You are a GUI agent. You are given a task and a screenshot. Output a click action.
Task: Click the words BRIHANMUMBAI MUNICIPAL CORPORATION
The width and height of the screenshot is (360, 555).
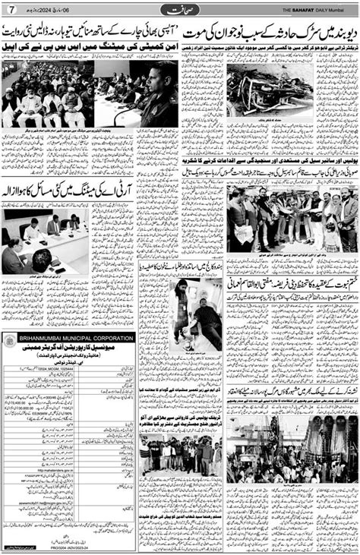[x=68, y=338]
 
